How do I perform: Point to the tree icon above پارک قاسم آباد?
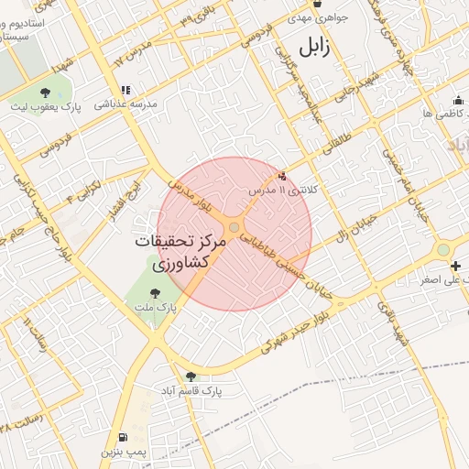point(191,376)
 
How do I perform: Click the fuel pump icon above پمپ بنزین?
point(122,437)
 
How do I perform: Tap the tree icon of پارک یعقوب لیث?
point(46,92)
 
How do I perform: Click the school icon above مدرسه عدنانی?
point(125,91)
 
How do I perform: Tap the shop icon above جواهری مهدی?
point(317,4)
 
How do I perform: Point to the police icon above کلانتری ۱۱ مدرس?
point(281,176)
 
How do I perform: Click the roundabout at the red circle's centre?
point(234,227)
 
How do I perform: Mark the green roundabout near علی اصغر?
point(444,249)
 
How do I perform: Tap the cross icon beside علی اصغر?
point(456,266)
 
